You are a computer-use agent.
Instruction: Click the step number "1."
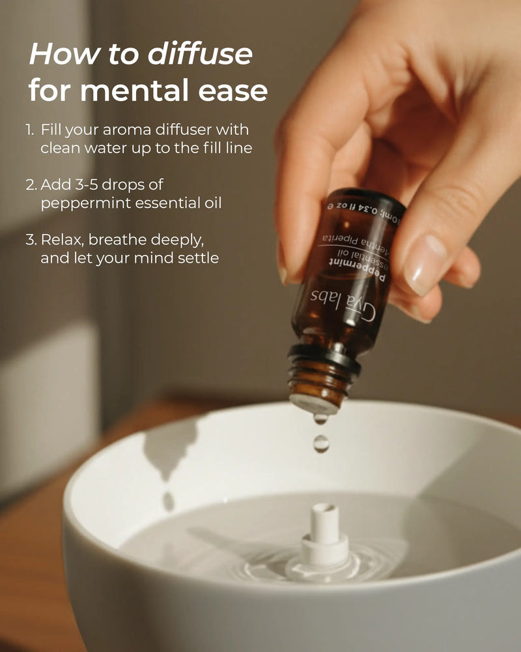tap(31, 130)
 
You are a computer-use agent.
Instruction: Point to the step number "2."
tap(31, 185)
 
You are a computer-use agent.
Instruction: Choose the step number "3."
tap(31, 241)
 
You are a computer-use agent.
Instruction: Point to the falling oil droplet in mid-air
tap(320, 443)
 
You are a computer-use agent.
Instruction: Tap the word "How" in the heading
tap(53, 54)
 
